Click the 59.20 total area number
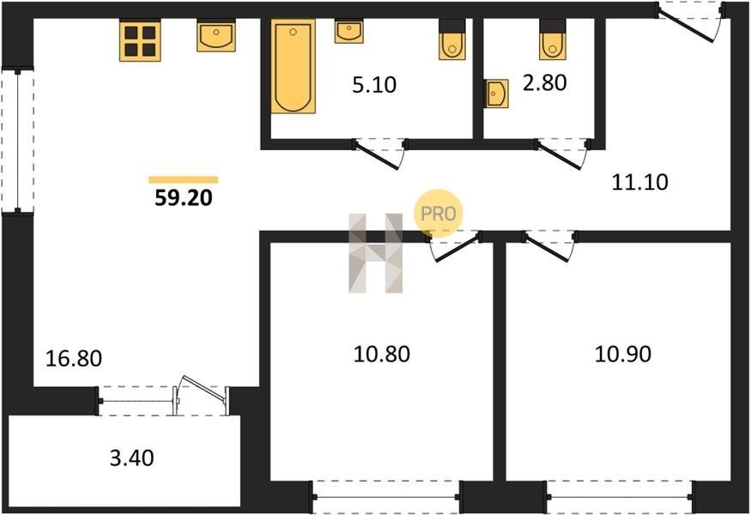(x=184, y=197)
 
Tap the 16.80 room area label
(x=74, y=358)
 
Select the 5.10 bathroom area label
(x=374, y=85)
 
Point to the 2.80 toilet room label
(x=544, y=82)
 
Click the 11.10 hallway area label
(x=640, y=182)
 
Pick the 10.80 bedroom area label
(x=382, y=354)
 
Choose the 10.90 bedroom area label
(x=622, y=354)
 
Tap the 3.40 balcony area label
(x=131, y=458)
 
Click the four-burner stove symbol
(x=140, y=40)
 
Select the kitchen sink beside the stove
(x=216, y=35)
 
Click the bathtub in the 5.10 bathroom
(x=294, y=66)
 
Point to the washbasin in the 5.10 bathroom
(x=348, y=32)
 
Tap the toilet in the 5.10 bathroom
(x=452, y=39)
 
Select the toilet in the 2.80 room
(x=553, y=39)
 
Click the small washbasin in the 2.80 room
(x=496, y=94)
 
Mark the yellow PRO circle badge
(x=439, y=213)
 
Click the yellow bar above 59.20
(x=184, y=179)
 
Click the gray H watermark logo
(x=376, y=253)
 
